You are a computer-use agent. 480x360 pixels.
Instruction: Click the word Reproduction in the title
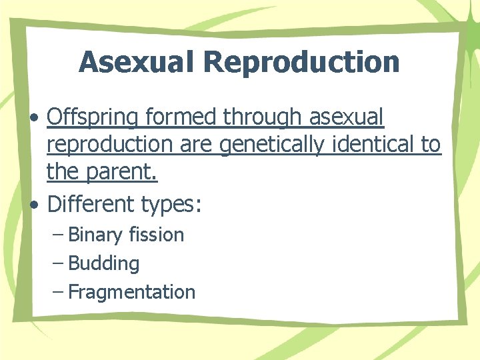[301, 62]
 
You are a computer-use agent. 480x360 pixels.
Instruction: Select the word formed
[181, 118]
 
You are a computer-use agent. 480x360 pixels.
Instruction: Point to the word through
[263, 118]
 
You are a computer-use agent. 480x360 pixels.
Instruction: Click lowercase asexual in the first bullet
[347, 118]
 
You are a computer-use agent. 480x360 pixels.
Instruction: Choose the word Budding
[104, 263]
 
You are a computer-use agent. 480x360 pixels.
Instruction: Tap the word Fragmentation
[132, 292]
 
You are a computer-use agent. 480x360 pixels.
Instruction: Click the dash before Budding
[58, 263]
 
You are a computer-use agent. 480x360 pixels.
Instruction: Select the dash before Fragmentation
[58, 292]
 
